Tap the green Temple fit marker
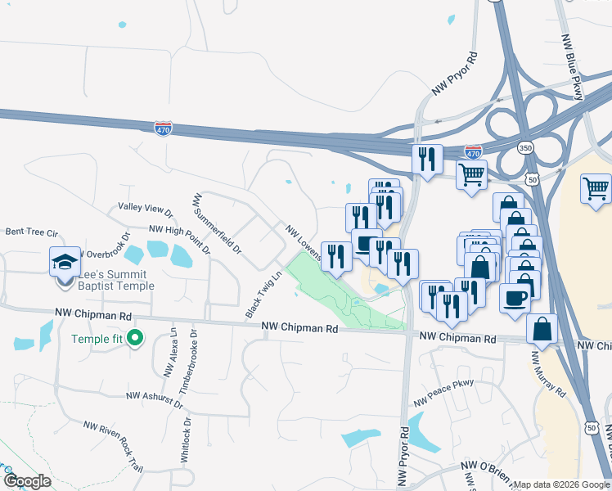(x=137, y=337)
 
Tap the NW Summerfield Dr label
(x=217, y=222)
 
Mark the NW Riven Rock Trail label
(x=114, y=446)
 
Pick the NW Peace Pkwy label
(x=444, y=395)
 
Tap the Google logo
(x=26, y=480)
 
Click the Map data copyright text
(x=560, y=484)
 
